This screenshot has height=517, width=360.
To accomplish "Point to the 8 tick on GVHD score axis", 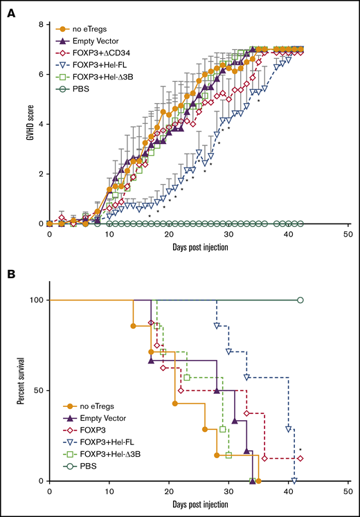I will (x=41, y=25).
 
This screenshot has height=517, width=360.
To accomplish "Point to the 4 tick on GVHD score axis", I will (x=41, y=125).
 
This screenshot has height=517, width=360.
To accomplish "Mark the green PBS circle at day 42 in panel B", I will (x=300, y=300).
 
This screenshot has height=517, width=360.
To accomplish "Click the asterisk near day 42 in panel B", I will (x=300, y=451).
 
